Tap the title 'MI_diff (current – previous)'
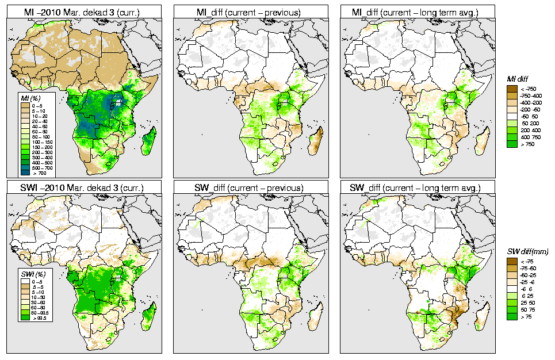click(x=251, y=11)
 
